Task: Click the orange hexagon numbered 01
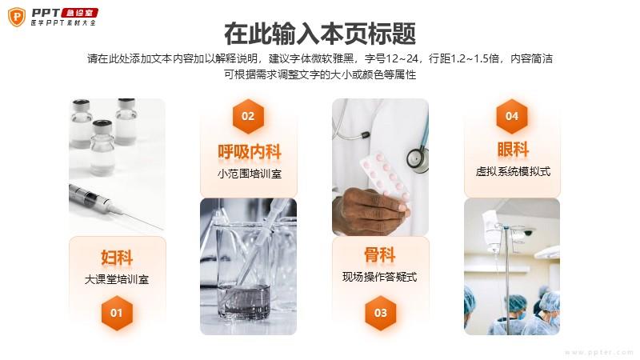click(x=117, y=313)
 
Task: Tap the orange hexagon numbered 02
click(x=248, y=116)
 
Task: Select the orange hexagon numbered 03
click(x=381, y=313)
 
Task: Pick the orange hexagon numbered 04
click(x=512, y=116)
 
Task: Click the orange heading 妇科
click(x=117, y=258)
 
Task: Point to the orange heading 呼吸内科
click(x=249, y=152)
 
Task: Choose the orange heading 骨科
click(x=380, y=255)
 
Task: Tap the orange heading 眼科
click(x=513, y=150)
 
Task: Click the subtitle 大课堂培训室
click(x=117, y=279)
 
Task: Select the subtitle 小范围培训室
click(x=250, y=174)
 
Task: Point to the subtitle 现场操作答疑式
click(x=379, y=277)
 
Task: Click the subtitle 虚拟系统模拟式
click(x=513, y=171)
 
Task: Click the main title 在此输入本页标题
click(x=320, y=34)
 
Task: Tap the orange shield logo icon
click(x=17, y=17)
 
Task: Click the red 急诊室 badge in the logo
click(x=79, y=13)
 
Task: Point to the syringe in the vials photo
click(x=114, y=207)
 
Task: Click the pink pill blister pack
click(x=385, y=177)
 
